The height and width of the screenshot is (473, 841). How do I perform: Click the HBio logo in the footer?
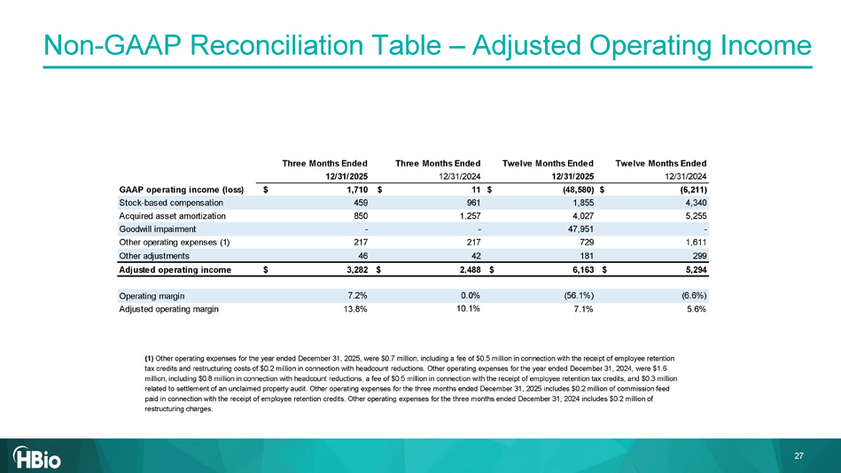click(42, 457)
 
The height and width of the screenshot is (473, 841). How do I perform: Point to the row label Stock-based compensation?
click(171, 203)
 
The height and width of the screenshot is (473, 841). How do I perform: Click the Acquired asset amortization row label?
click(172, 216)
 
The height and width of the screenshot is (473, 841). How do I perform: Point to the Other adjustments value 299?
click(697, 256)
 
